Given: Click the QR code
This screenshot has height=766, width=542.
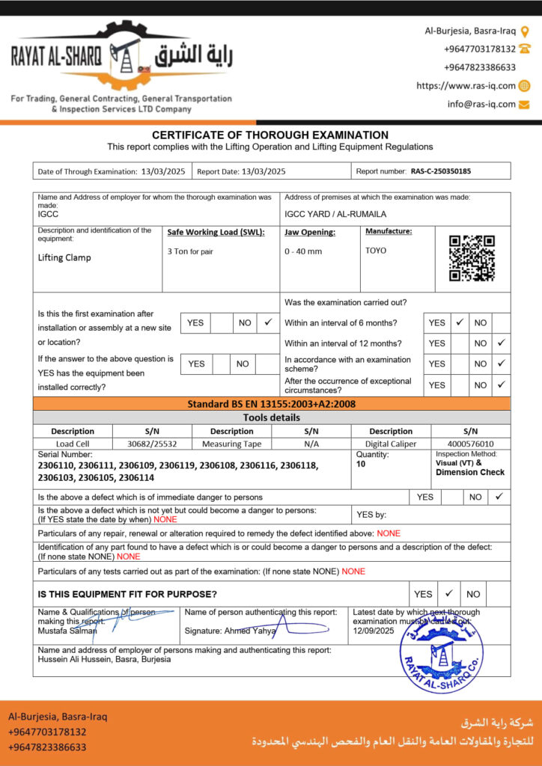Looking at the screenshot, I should [472, 257].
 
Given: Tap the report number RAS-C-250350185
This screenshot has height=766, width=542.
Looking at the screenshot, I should [441, 171].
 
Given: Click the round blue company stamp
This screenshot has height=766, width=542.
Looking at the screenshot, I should [441, 647].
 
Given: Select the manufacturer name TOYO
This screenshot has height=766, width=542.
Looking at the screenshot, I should [376, 251].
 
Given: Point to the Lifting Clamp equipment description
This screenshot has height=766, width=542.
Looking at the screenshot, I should [64, 257].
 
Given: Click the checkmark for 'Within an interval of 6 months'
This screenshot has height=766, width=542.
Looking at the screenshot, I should [460, 322].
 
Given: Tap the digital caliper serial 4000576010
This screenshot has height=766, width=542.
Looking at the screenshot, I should [470, 444].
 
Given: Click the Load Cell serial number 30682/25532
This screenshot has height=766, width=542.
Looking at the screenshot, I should [152, 444].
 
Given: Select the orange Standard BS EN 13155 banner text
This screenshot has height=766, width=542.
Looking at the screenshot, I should [271, 404].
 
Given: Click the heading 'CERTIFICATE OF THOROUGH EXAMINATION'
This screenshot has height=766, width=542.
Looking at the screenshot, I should [270, 135].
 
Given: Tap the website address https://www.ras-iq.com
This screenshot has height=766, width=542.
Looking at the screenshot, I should [466, 86].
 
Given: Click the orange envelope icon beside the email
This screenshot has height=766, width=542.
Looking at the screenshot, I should [524, 105].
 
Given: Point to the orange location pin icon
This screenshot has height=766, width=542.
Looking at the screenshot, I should [525, 31].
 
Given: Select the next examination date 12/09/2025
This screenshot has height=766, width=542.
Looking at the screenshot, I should [373, 631].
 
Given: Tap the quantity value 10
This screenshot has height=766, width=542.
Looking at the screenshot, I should [362, 464].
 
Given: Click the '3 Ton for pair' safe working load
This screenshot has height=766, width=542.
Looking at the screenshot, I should [190, 251].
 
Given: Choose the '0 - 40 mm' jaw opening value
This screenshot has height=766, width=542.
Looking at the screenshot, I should [303, 251].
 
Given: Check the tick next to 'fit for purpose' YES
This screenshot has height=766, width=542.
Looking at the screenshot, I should [448, 593].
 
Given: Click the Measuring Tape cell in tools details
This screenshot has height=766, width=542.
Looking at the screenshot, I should [231, 444].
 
